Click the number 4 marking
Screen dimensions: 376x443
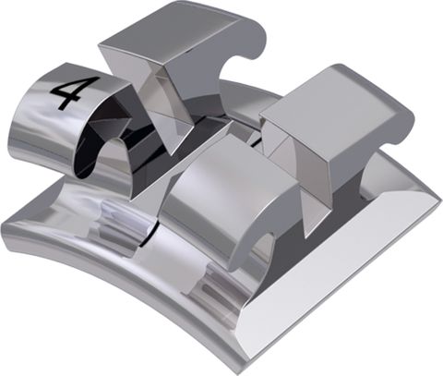(69, 93)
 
